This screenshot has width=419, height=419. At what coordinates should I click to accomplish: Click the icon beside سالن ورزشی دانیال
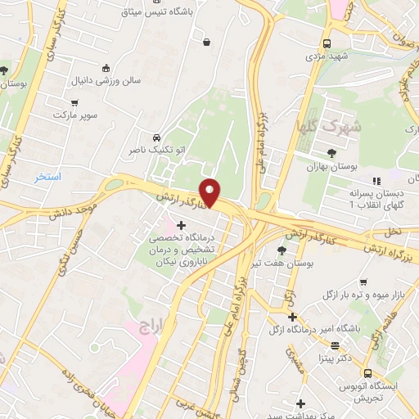[106, 69]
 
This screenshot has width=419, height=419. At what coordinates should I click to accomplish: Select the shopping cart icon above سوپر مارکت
[76, 104]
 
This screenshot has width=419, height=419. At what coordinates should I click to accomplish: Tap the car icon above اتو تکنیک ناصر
[156, 137]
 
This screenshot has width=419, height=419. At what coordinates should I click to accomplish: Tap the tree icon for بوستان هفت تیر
[282, 250]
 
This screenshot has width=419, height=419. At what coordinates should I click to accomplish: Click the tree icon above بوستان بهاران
[331, 153]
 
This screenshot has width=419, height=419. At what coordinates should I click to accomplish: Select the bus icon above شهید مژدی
[327, 43]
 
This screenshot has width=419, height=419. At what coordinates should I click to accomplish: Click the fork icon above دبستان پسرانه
[376, 180]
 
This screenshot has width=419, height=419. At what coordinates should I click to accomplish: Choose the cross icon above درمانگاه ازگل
[292, 317]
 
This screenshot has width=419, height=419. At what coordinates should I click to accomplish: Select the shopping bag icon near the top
[205, 42]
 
